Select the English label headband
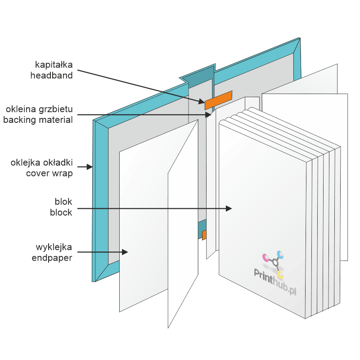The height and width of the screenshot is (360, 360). (51, 76)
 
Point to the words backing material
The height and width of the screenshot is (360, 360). (38, 120)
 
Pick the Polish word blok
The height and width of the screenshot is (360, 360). (64, 202)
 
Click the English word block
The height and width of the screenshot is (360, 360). (61, 212)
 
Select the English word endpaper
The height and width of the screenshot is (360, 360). (52, 258)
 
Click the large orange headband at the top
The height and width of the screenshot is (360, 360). (218, 100)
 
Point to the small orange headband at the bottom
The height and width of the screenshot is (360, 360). (204, 235)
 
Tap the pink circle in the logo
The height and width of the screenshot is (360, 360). (265, 257)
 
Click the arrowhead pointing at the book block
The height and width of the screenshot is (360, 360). (229, 208)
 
